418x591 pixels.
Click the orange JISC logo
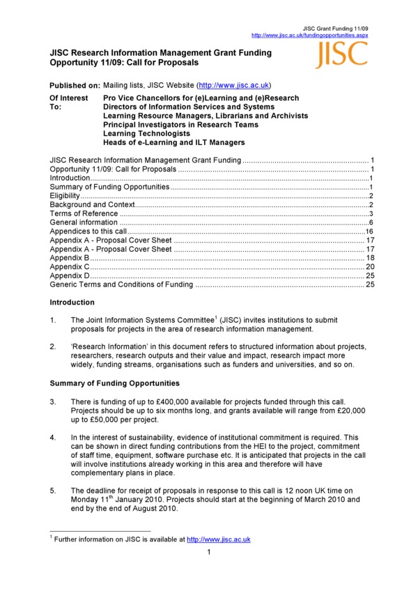(341, 54)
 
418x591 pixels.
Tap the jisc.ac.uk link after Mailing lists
(233, 84)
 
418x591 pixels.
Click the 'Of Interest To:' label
(68, 102)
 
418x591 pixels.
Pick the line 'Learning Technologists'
(146, 133)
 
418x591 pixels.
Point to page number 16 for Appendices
(371, 231)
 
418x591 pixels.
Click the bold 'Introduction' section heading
(72, 302)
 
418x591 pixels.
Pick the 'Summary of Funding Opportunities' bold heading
(115, 383)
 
